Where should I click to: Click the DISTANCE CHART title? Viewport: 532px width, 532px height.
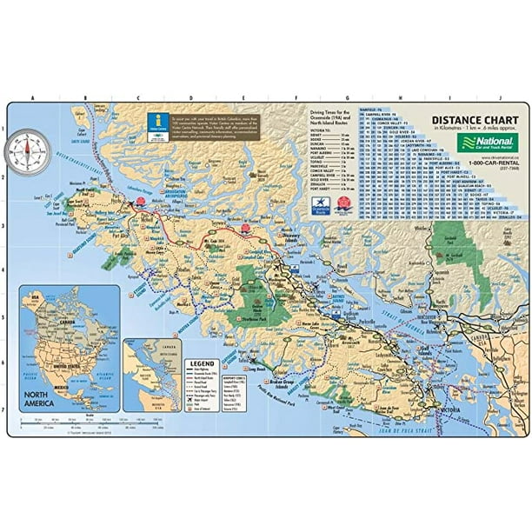pos(469,121)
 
